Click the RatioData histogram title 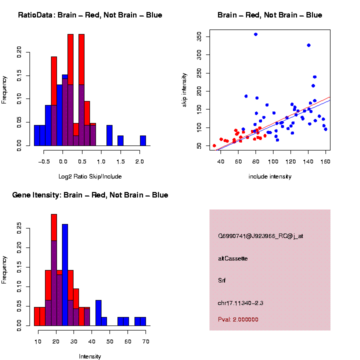click(90, 15)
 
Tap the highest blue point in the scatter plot click(255, 34)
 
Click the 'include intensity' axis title click(270, 176)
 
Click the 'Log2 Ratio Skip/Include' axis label click(90, 176)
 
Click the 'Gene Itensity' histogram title click(90, 195)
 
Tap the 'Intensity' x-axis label click(90, 356)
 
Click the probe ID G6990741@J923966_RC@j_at click(260, 236)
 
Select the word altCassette click(233, 258)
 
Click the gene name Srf click(222, 280)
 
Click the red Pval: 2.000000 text click(238, 319)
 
